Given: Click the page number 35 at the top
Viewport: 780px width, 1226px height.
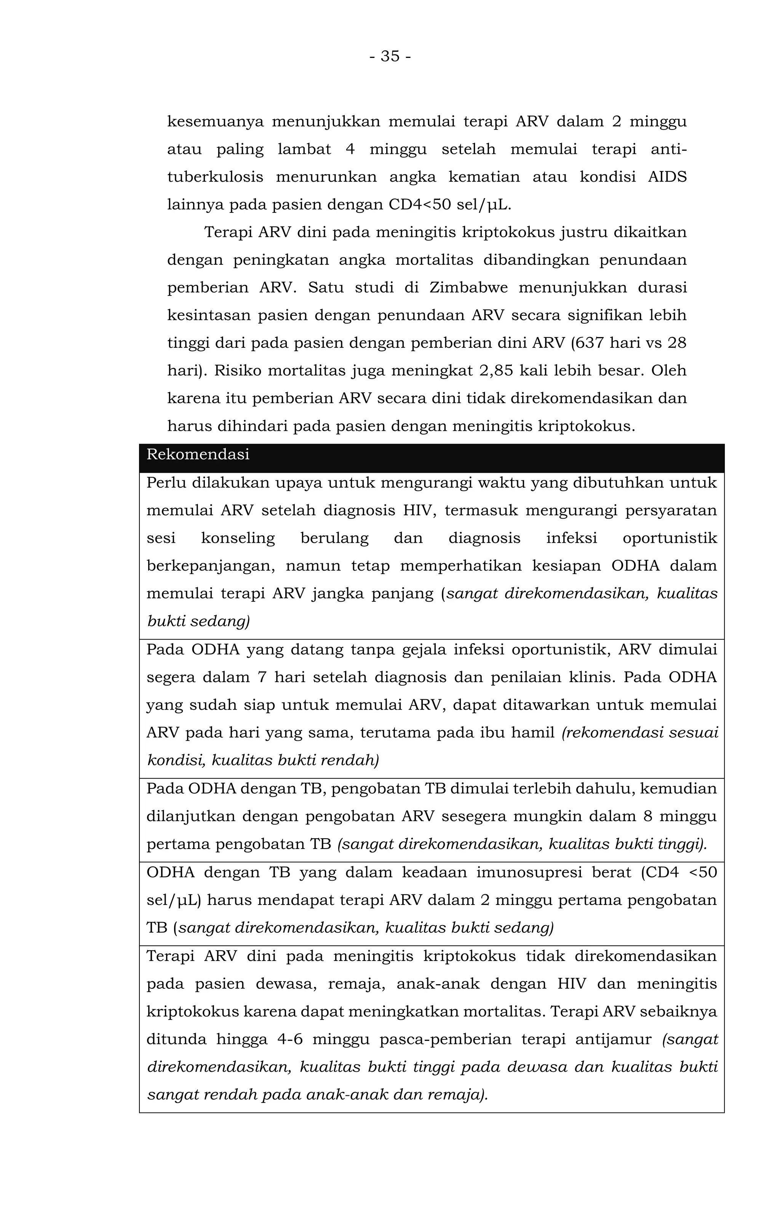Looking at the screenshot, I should click(x=390, y=56).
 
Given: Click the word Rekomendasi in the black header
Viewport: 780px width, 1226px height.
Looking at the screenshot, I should click(x=198, y=454).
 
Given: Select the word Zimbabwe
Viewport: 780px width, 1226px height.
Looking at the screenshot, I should click(x=468, y=288).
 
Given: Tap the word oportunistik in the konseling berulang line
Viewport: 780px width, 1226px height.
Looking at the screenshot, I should click(x=670, y=539).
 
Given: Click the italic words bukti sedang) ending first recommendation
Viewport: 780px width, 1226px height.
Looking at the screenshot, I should click(x=198, y=622).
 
